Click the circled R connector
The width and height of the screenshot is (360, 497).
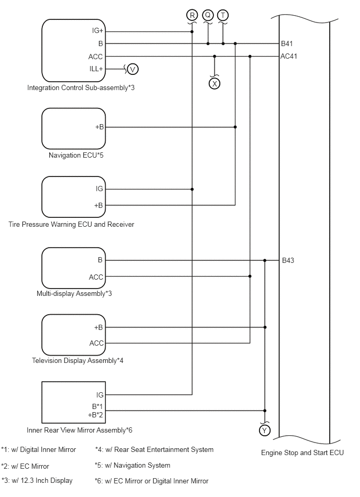pyautogui.click(x=192, y=15)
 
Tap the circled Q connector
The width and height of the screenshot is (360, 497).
pyautogui.click(x=208, y=15)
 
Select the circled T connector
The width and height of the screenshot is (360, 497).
pyautogui.click(x=223, y=15)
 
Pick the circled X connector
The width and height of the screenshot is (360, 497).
pyautogui.click(x=215, y=84)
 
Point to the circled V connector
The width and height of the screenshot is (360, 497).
pyautogui.click(x=132, y=69)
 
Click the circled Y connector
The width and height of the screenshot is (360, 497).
pyautogui.click(x=264, y=430)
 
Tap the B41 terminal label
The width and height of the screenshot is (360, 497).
pyautogui.click(x=287, y=43)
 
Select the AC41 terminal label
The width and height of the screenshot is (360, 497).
pyautogui.click(x=289, y=56)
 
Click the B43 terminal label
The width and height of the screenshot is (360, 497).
pyautogui.click(x=288, y=260)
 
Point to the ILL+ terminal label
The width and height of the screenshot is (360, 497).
pyautogui.click(x=96, y=69)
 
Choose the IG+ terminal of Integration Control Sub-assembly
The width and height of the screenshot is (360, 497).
pyautogui.click(x=97, y=30)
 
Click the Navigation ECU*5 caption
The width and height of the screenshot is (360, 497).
pyautogui.click(x=76, y=155)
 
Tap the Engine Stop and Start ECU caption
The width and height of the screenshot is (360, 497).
pyautogui.click(x=302, y=452)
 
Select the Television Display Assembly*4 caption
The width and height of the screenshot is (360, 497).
pyautogui.click(x=77, y=360)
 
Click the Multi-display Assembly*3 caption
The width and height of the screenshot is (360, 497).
pyautogui.click(x=74, y=293)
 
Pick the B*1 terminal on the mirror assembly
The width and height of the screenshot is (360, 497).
pyautogui.click(x=97, y=406)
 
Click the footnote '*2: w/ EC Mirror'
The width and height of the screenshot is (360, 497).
pyautogui.click(x=25, y=466)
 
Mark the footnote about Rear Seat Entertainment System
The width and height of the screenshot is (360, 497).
pyautogui.click(x=154, y=449)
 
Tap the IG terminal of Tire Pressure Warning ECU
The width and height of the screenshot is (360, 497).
pyautogui.click(x=99, y=189)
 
